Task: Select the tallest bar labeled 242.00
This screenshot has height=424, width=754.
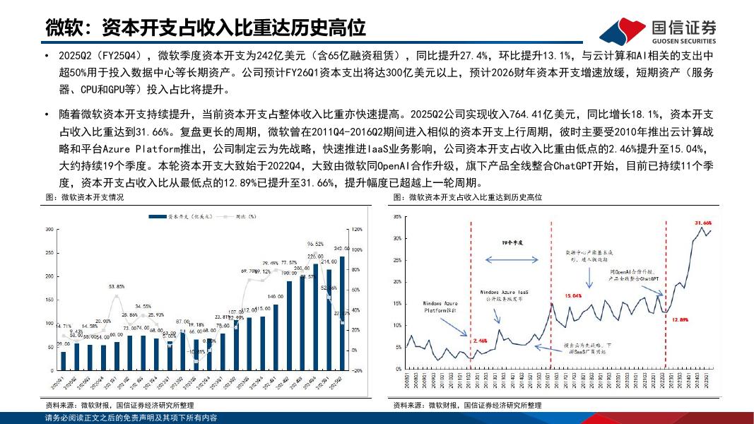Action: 342,311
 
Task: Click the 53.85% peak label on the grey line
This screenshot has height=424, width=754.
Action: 117,286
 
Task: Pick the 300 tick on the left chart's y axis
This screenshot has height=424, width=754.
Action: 49,230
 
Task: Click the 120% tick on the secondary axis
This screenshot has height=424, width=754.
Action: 357,230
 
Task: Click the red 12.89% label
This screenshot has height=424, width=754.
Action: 680,320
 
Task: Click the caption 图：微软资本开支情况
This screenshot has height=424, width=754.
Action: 85,197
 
